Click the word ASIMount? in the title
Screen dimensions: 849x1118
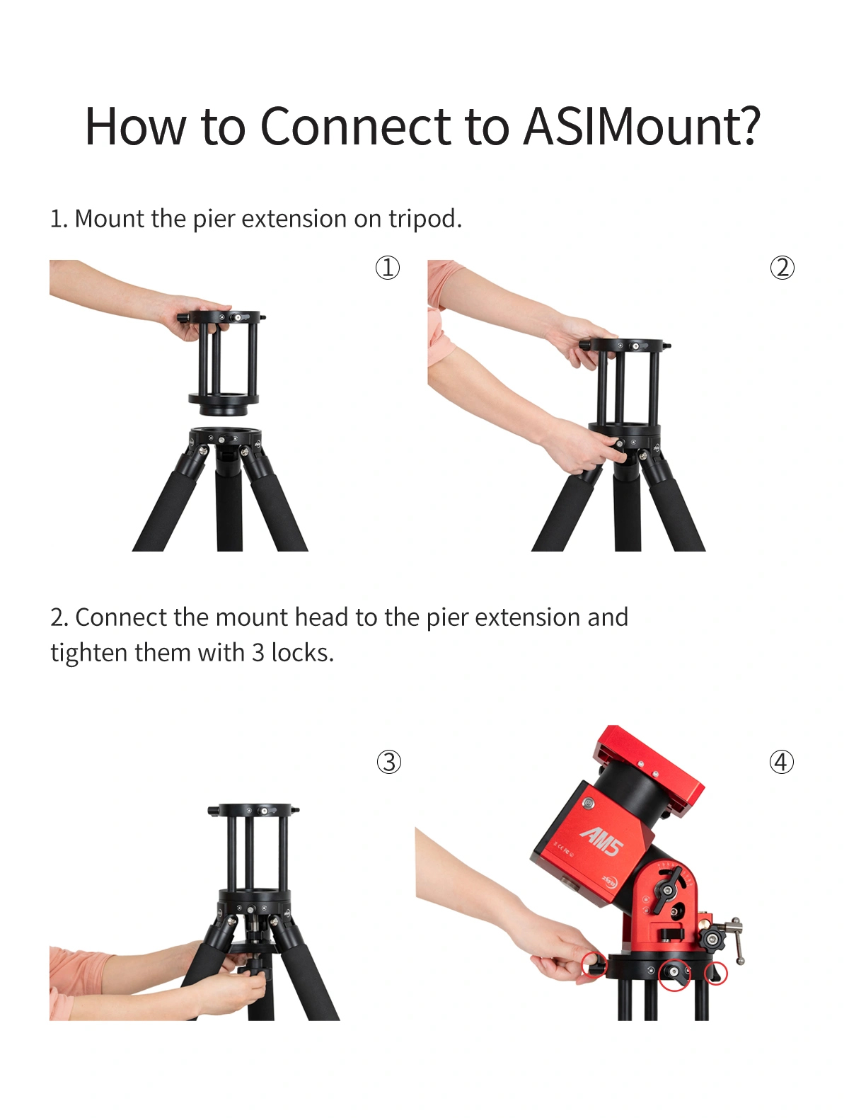coord(642,126)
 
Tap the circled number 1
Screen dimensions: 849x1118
coord(387,268)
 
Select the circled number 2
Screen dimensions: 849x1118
coord(782,268)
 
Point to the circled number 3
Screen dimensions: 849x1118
coord(388,763)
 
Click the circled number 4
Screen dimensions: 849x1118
coord(781,763)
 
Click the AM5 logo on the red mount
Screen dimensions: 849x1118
coord(602,841)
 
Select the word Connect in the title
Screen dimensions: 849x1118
coord(355,126)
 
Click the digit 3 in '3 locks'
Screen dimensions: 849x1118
coord(258,653)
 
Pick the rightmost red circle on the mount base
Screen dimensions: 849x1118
coord(716,974)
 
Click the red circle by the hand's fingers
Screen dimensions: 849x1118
coord(594,964)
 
